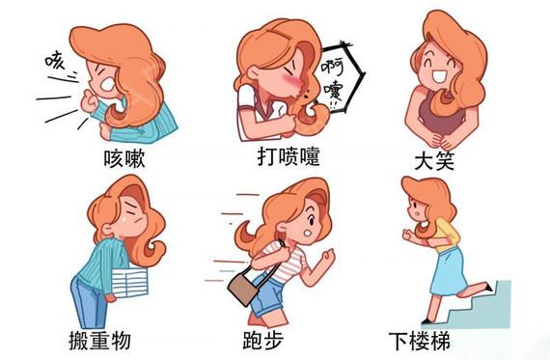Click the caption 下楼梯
(x=448, y=341)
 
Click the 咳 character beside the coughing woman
(x=54, y=61)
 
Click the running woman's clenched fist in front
(x=327, y=258)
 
